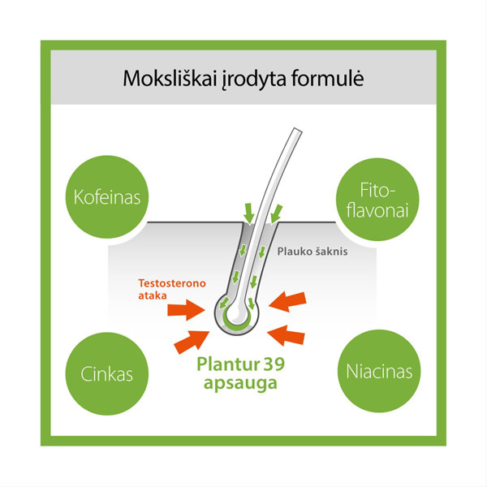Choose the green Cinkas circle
[x=103, y=374]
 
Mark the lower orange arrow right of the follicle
[x=291, y=334]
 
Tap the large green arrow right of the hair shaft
[x=276, y=213]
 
